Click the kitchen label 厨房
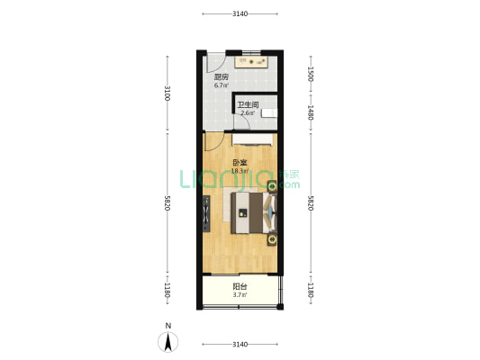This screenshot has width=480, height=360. (x=221, y=76)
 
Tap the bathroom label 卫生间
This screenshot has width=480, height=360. (x=248, y=104)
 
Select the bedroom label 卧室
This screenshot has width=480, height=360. (x=240, y=162)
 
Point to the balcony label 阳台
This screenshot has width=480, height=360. (x=240, y=286)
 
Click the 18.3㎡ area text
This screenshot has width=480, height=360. (x=240, y=171)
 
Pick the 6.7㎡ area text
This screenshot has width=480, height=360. (x=221, y=85)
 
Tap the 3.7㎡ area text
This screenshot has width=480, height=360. (x=240, y=295)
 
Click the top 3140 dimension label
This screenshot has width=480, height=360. (x=240, y=13)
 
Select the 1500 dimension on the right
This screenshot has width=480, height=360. (x=311, y=74)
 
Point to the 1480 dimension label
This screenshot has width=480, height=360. (x=311, y=112)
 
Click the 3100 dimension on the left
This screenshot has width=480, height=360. (x=168, y=93)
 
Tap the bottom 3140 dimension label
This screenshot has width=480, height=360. (x=240, y=345)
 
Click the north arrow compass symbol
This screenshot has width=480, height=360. (x=168, y=342)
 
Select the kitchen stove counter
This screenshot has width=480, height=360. (x=251, y=62)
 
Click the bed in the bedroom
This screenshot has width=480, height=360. (x=254, y=213)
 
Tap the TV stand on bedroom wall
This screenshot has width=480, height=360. (x=206, y=213)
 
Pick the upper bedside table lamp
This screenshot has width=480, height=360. (x=272, y=186)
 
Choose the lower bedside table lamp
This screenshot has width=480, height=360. (x=272, y=239)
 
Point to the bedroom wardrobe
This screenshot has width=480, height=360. (x=252, y=139)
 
